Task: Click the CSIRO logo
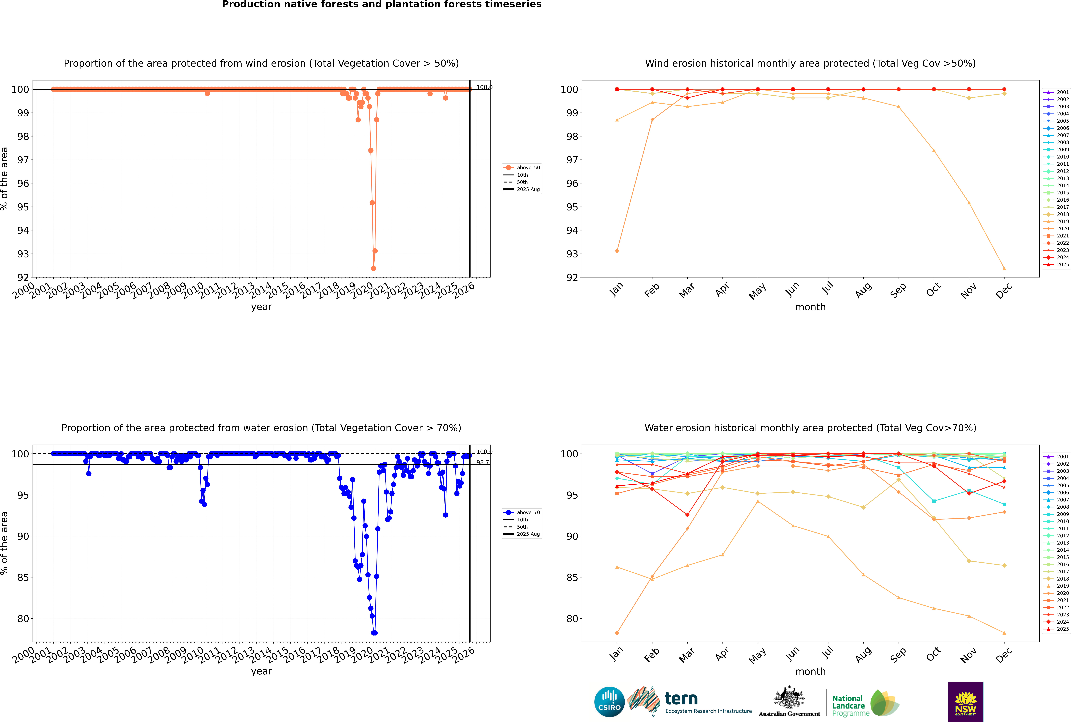click(x=609, y=702)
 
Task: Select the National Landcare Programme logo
click(x=865, y=703)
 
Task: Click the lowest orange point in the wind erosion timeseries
click(x=373, y=268)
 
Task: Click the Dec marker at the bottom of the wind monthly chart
click(x=1004, y=268)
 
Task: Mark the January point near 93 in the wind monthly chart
click(x=617, y=251)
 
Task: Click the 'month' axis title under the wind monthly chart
click(x=810, y=307)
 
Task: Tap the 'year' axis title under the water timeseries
click(x=262, y=671)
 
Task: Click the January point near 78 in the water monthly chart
click(x=617, y=633)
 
